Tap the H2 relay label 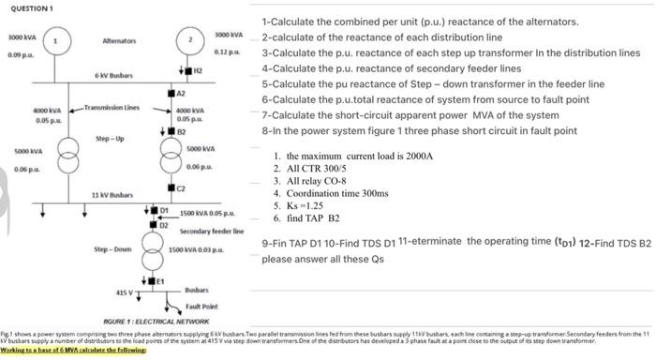(199, 71)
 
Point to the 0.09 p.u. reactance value (19, 56)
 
